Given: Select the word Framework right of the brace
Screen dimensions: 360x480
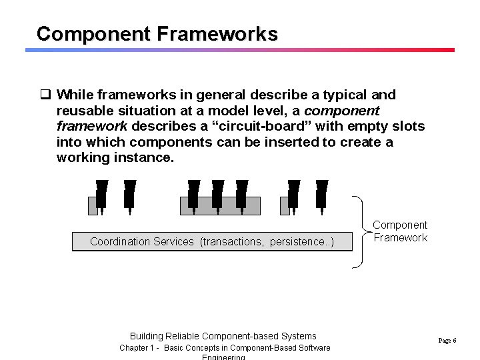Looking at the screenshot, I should click(x=400, y=237).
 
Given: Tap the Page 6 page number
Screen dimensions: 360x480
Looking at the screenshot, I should click(x=447, y=340).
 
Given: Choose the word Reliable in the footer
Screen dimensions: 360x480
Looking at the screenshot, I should click(x=181, y=336).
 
